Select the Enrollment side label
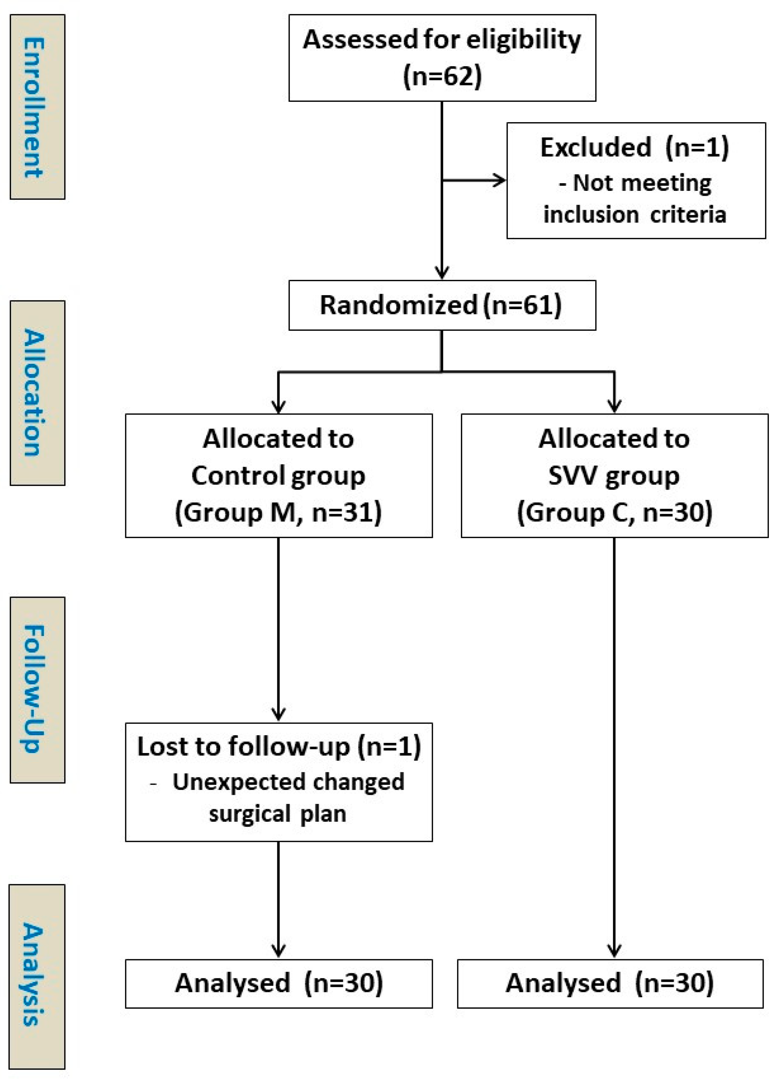37,107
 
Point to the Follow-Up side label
37,689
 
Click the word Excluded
595,147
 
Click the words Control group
278,476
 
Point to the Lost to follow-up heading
279,746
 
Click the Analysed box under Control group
279,983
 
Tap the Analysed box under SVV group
610,983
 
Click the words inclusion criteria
635,215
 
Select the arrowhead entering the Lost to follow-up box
278,715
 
